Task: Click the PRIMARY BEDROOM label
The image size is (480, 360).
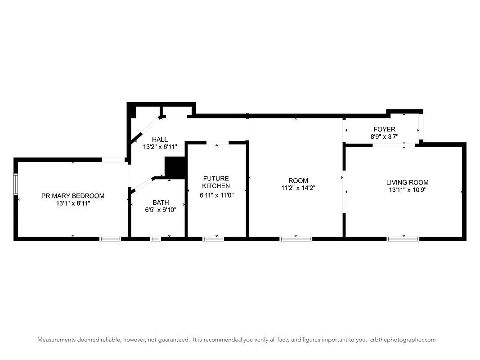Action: (73, 196)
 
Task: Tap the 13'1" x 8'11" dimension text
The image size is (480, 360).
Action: (73, 203)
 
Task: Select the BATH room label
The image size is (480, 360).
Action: (161, 202)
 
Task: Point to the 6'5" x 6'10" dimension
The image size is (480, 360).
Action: (161, 210)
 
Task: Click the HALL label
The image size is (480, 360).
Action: (160, 139)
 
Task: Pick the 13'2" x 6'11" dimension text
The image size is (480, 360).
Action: (160, 147)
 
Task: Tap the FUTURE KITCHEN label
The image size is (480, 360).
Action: (216, 182)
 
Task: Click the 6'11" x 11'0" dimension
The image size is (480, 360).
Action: (217, 195)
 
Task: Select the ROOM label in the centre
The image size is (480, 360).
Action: (298, 181)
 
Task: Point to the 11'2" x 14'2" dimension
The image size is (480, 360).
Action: (298, 188)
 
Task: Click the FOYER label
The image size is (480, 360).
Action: (383, 129)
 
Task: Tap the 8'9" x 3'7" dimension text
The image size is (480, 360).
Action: (383, 136)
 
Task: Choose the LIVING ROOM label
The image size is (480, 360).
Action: (407, 182)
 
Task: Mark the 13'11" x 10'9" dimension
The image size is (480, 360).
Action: (407, 189)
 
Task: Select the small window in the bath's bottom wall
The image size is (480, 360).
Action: (155, 238)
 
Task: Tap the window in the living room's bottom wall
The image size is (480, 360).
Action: (403, 238)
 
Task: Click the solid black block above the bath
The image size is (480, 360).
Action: (175, 167)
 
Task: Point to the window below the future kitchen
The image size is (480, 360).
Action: (213, 238)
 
